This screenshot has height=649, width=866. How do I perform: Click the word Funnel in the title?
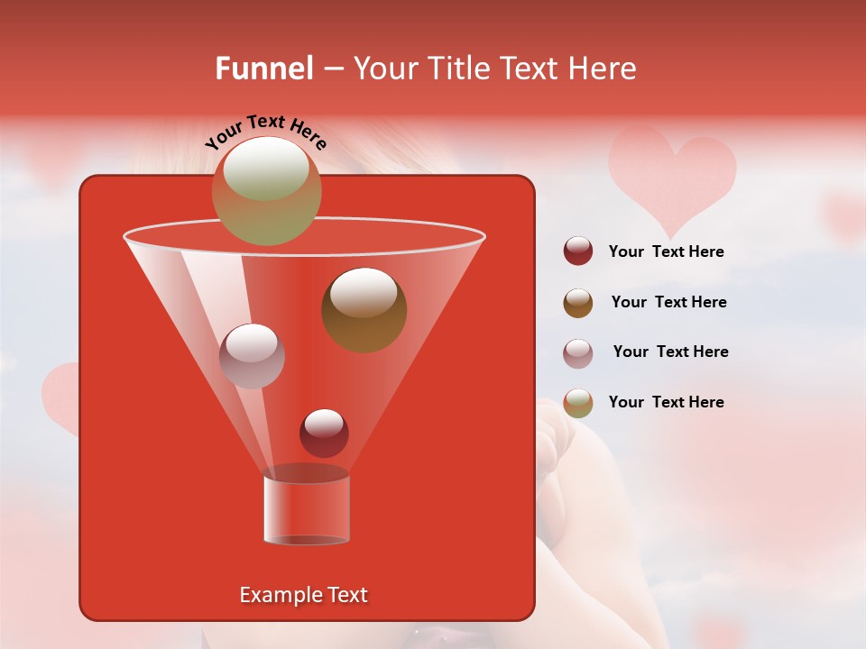(x=263, y=69)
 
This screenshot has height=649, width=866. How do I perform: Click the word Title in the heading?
(x=457, y=69)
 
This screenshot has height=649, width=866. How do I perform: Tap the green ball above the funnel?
(x=266, y=190)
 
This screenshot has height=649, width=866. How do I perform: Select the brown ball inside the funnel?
(x=364, y=309)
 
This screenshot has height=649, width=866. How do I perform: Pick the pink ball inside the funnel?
(x=252, y=355)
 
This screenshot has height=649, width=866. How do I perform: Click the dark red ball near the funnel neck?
(x=324, y=433)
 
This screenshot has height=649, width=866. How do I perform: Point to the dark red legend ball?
(x=578, y=251)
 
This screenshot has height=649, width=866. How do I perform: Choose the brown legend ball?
(x=578, y=303)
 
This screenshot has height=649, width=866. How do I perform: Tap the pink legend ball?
(x=578, y=352)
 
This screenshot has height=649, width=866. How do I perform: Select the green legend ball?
(x=578, y=403)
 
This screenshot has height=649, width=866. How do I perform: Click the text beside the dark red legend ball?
(x=666, y=251)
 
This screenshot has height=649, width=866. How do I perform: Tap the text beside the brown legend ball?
(x=668, y=302)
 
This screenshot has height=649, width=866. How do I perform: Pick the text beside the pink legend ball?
(x=670, y=352)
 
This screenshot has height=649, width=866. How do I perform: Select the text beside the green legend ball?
(x=666, y=402)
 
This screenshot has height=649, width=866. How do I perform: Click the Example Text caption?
(x=303, y=595)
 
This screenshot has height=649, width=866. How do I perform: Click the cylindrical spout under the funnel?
(x=306, y=510)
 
